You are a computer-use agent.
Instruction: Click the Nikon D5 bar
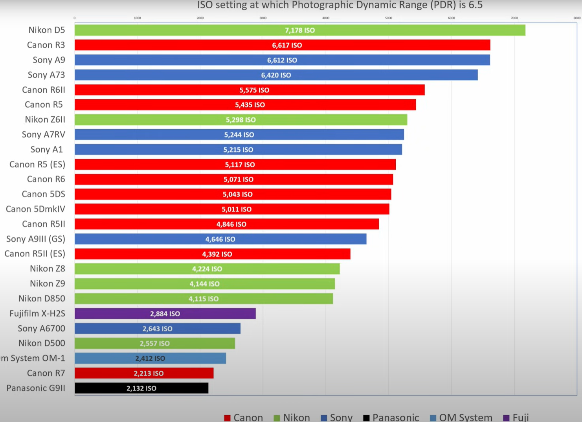click(x=299, y=30)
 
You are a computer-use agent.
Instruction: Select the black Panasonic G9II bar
click(x=141, y=388)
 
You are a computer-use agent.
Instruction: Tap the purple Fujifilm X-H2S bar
click(x=165, y=314)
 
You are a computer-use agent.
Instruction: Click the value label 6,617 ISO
click(x=287, y=45)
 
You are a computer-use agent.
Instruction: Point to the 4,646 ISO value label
click(x=220, y=239)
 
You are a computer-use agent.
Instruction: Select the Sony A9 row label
click(x=49, y=60)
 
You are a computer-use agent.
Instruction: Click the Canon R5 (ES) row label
click(x=37, y=164)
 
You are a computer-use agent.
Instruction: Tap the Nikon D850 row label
click(x=42, y=299)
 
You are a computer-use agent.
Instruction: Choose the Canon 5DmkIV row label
click(x=35, y=209)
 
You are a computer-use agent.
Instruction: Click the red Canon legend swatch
click(x=227, y=418)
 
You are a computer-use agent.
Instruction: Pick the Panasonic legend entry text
click(x=395, y=417)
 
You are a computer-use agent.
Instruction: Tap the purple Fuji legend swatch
click(x=507, y=418)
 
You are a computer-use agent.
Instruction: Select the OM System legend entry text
click(x=465, y=417)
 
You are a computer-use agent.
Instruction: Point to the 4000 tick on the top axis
click(x=326, y=18)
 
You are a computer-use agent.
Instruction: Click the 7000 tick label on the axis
click(x=514, y=18)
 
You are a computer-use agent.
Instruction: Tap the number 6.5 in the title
click(x=475, y=5)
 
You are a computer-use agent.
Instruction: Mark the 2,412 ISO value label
click(x=150, y=358)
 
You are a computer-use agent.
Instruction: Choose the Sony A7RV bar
click(x=239, y=135)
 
